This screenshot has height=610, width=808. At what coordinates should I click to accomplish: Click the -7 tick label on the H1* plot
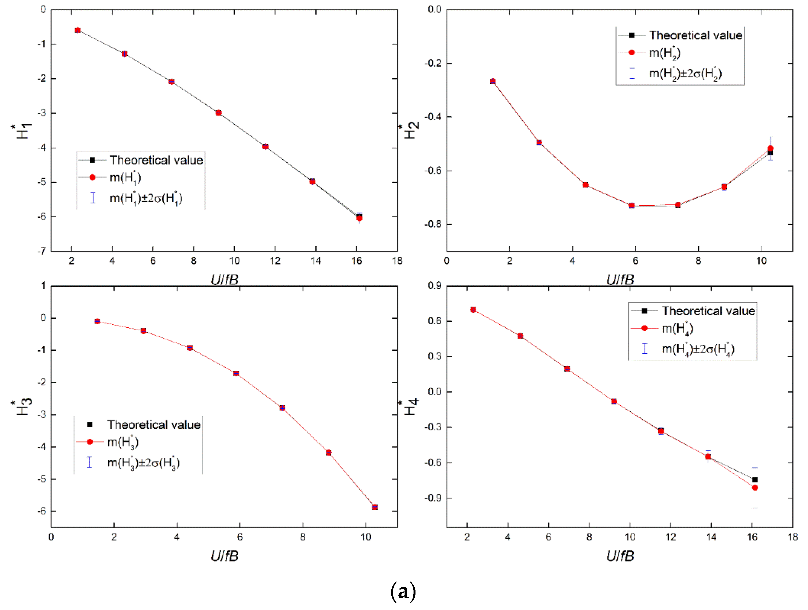(x=42, y=251)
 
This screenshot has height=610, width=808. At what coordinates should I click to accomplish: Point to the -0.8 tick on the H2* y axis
(x=433, y=224)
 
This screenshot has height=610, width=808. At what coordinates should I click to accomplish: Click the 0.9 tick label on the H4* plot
(x=435, y=286)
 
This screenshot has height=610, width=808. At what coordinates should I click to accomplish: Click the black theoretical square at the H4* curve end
(x=755, y=479)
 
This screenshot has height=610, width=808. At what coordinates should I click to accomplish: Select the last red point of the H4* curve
(x=755, y=488)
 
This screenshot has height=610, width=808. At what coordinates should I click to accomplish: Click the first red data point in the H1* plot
(x=77, y=30)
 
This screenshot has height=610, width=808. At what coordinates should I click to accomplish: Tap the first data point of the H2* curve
(x=493, y=82)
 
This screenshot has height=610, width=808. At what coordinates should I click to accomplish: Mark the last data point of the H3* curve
(x=374, y=507)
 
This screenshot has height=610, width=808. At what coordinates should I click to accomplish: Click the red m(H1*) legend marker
(x=93, y=177)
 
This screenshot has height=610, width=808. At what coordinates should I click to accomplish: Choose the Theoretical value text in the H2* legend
(x=696, y=35)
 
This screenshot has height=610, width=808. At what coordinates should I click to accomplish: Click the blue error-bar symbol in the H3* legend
(x=89, y=462)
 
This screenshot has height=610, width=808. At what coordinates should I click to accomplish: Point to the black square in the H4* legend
(x=644, y=311)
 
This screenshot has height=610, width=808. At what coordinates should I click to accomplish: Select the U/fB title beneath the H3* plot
(x=224, y=556)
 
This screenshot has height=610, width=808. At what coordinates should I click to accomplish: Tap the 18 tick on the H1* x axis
(x=397, y=261)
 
